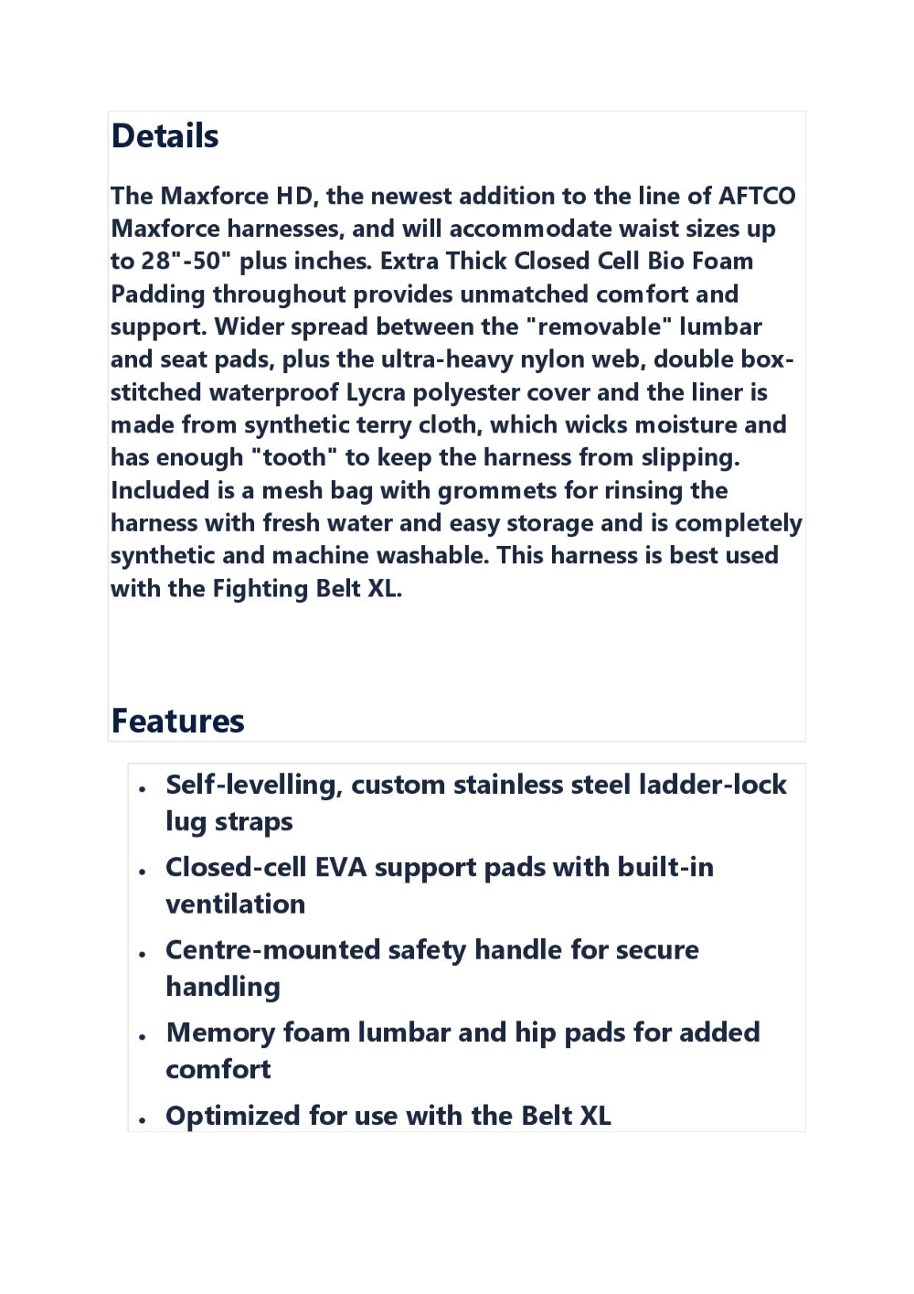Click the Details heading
tap(165, 136)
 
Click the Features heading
tap(177, 721)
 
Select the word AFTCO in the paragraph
tap(757, 196)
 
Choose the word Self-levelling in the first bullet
tap(254, 785)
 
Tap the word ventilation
tap(235, 904)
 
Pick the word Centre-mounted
tap(272, 950)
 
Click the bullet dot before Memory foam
tap(143, 1037)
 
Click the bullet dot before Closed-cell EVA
tap(143, 872)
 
